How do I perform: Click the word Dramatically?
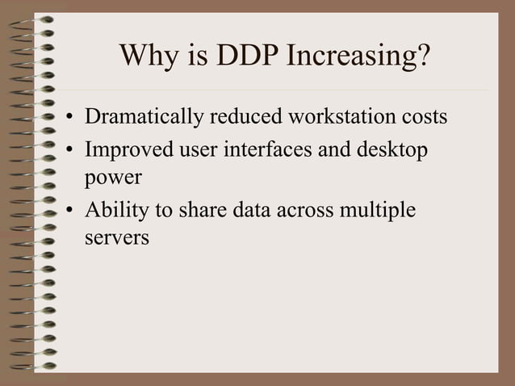pyautogui.click(x=144, y=119)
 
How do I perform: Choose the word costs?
pyautogui.click(x=425, y=119)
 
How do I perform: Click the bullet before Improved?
pyautogui.click(x=71, y=152)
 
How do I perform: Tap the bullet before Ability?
pyautogui.click(x=71, y=212)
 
